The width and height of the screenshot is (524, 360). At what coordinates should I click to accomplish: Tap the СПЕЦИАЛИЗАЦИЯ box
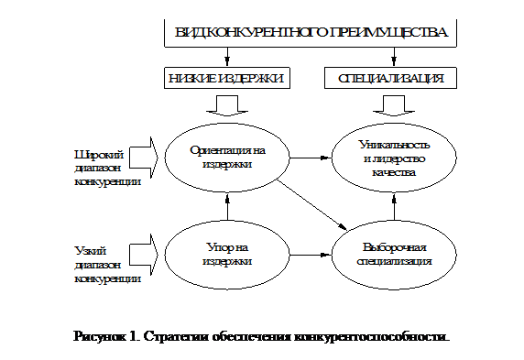(x=391, y=79)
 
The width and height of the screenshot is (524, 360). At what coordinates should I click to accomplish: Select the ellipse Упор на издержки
(x=223, y=253)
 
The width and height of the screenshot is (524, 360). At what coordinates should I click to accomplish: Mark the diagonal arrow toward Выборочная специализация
(x=311, y=203)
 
